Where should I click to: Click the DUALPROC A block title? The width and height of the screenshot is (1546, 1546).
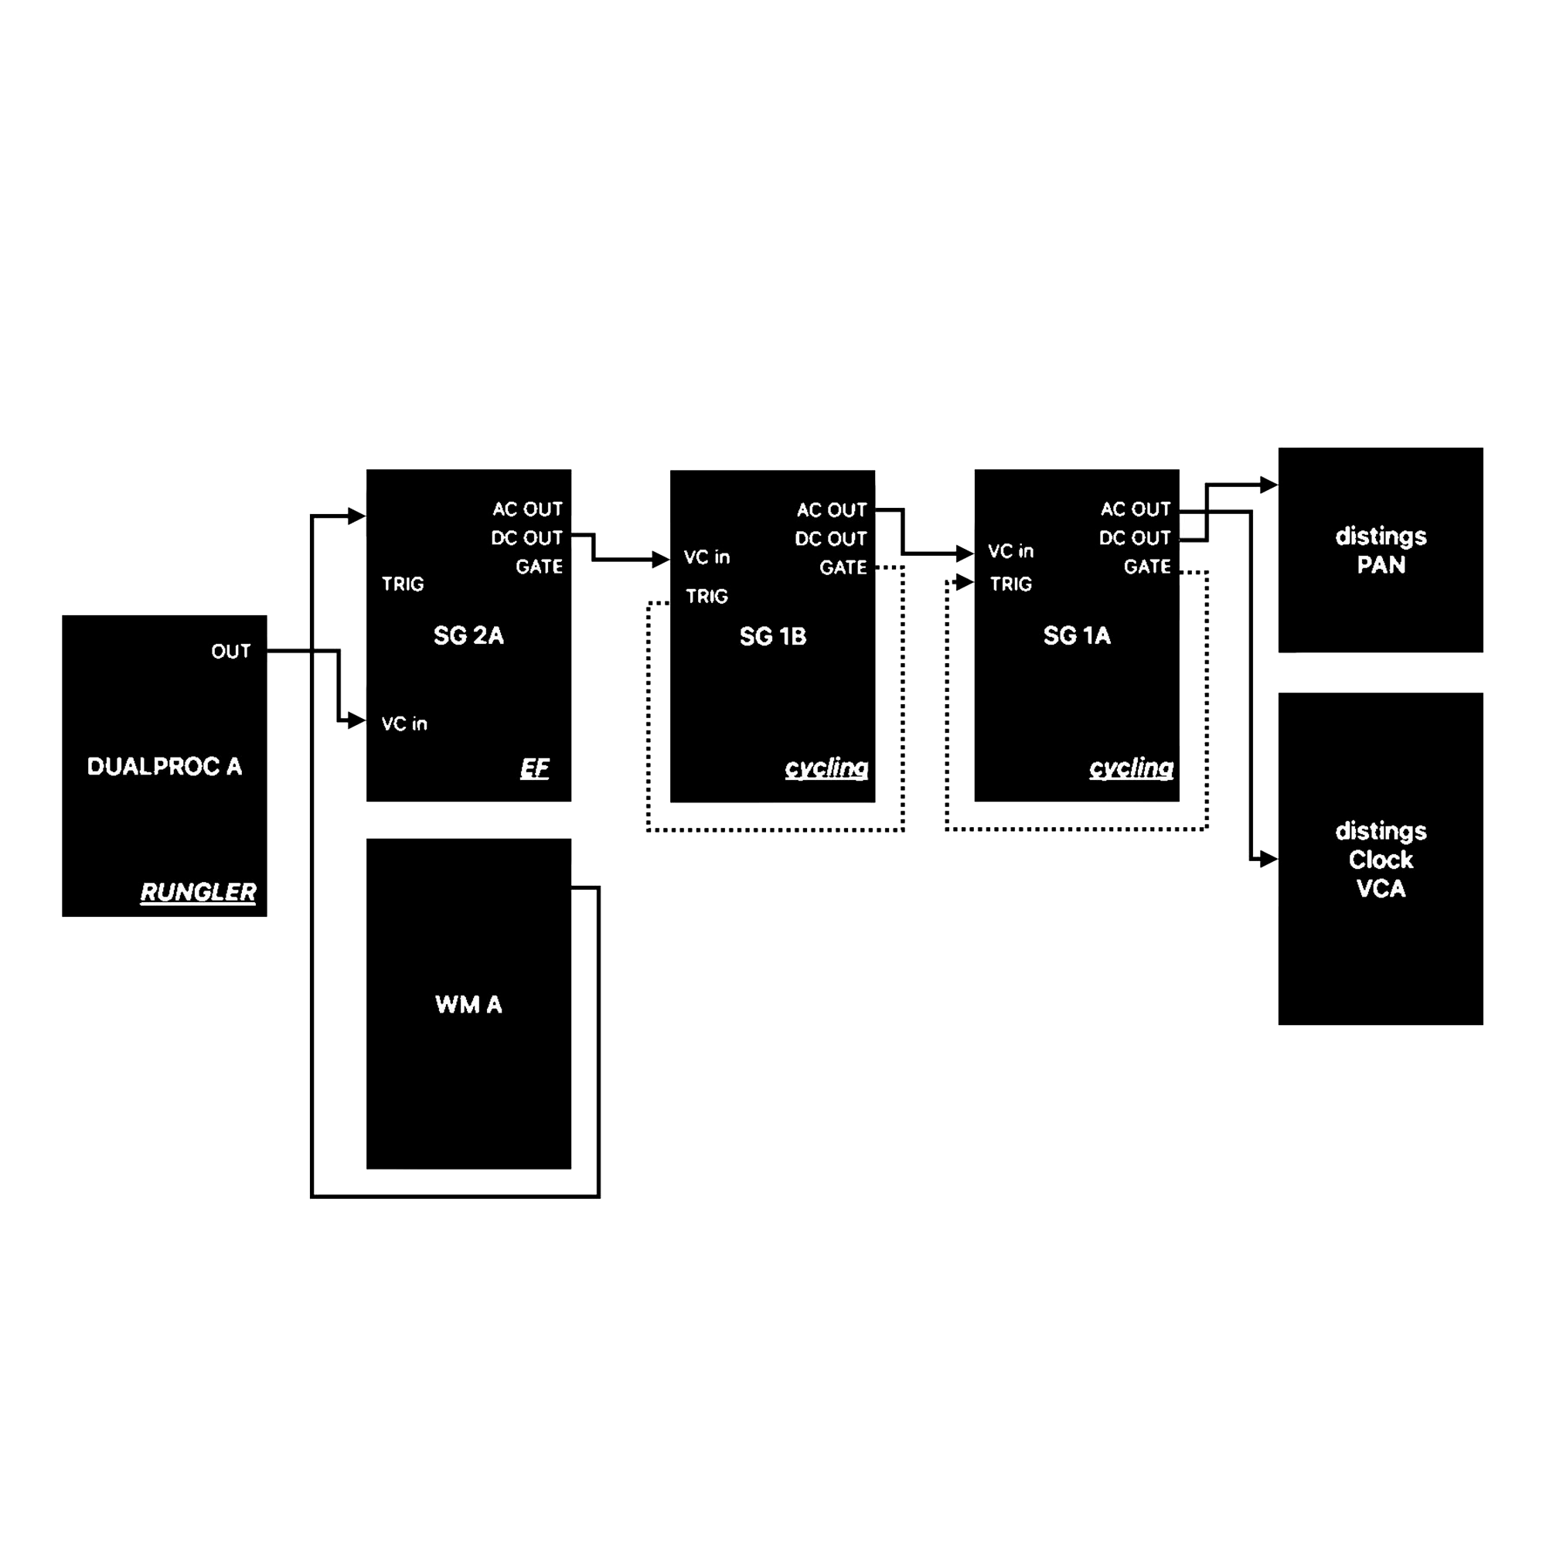(x=164, y=767)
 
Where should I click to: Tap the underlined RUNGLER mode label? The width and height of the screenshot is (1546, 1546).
(x=198, y=892)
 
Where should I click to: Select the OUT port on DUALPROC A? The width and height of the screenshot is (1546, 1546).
(x=230, y=652)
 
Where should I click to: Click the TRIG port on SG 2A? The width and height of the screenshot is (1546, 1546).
(x=403, y=584)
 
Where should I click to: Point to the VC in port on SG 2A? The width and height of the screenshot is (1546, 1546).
(x=404, y=724)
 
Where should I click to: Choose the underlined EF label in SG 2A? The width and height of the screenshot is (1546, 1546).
(x=535, y=769)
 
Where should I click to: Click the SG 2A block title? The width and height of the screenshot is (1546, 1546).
(x=468, y=636)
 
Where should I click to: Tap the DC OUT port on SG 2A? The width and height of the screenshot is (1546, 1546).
(x=526, y=538)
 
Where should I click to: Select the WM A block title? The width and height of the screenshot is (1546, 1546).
(x=468, y=1005)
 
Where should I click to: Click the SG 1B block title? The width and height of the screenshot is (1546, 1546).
(x=772, y=637)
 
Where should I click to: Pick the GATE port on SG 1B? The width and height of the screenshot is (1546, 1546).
(x=843, y=567)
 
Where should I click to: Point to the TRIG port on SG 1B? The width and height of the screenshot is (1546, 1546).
(x=707, y=596)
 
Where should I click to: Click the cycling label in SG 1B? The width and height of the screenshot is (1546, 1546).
(x=826, y=768)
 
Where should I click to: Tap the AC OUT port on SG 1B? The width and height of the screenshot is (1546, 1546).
(x=832, y=509)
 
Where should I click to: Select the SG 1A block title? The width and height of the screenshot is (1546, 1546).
(x=1076, y=636)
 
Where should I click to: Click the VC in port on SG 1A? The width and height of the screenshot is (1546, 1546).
(x=1010, y=551)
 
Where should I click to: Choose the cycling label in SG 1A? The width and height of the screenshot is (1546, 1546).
(x=1131, y=768)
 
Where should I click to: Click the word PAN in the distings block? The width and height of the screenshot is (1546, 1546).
(x=1381, y=565)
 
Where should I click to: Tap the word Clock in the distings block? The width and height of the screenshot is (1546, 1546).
(x=1381, y=860)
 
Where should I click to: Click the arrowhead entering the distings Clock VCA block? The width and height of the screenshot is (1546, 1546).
(x=1269, y=860)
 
